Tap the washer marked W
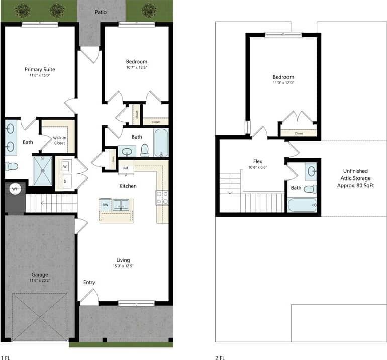[x=65, y=166]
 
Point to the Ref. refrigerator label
[x=126, y=168]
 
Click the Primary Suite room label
[x=40, y=69]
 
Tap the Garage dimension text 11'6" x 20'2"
[x=39, y=280]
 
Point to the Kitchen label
[x=128, y=186]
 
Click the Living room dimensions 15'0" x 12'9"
[x=123, y=266]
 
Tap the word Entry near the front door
[x=89, y=282]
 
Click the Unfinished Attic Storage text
[x=354, y=178]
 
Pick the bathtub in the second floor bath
[x=302, y=205]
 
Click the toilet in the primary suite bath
[x=11, y=166]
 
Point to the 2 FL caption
[x=219, y=357]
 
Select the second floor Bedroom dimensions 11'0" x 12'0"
[x=283, y=83]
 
